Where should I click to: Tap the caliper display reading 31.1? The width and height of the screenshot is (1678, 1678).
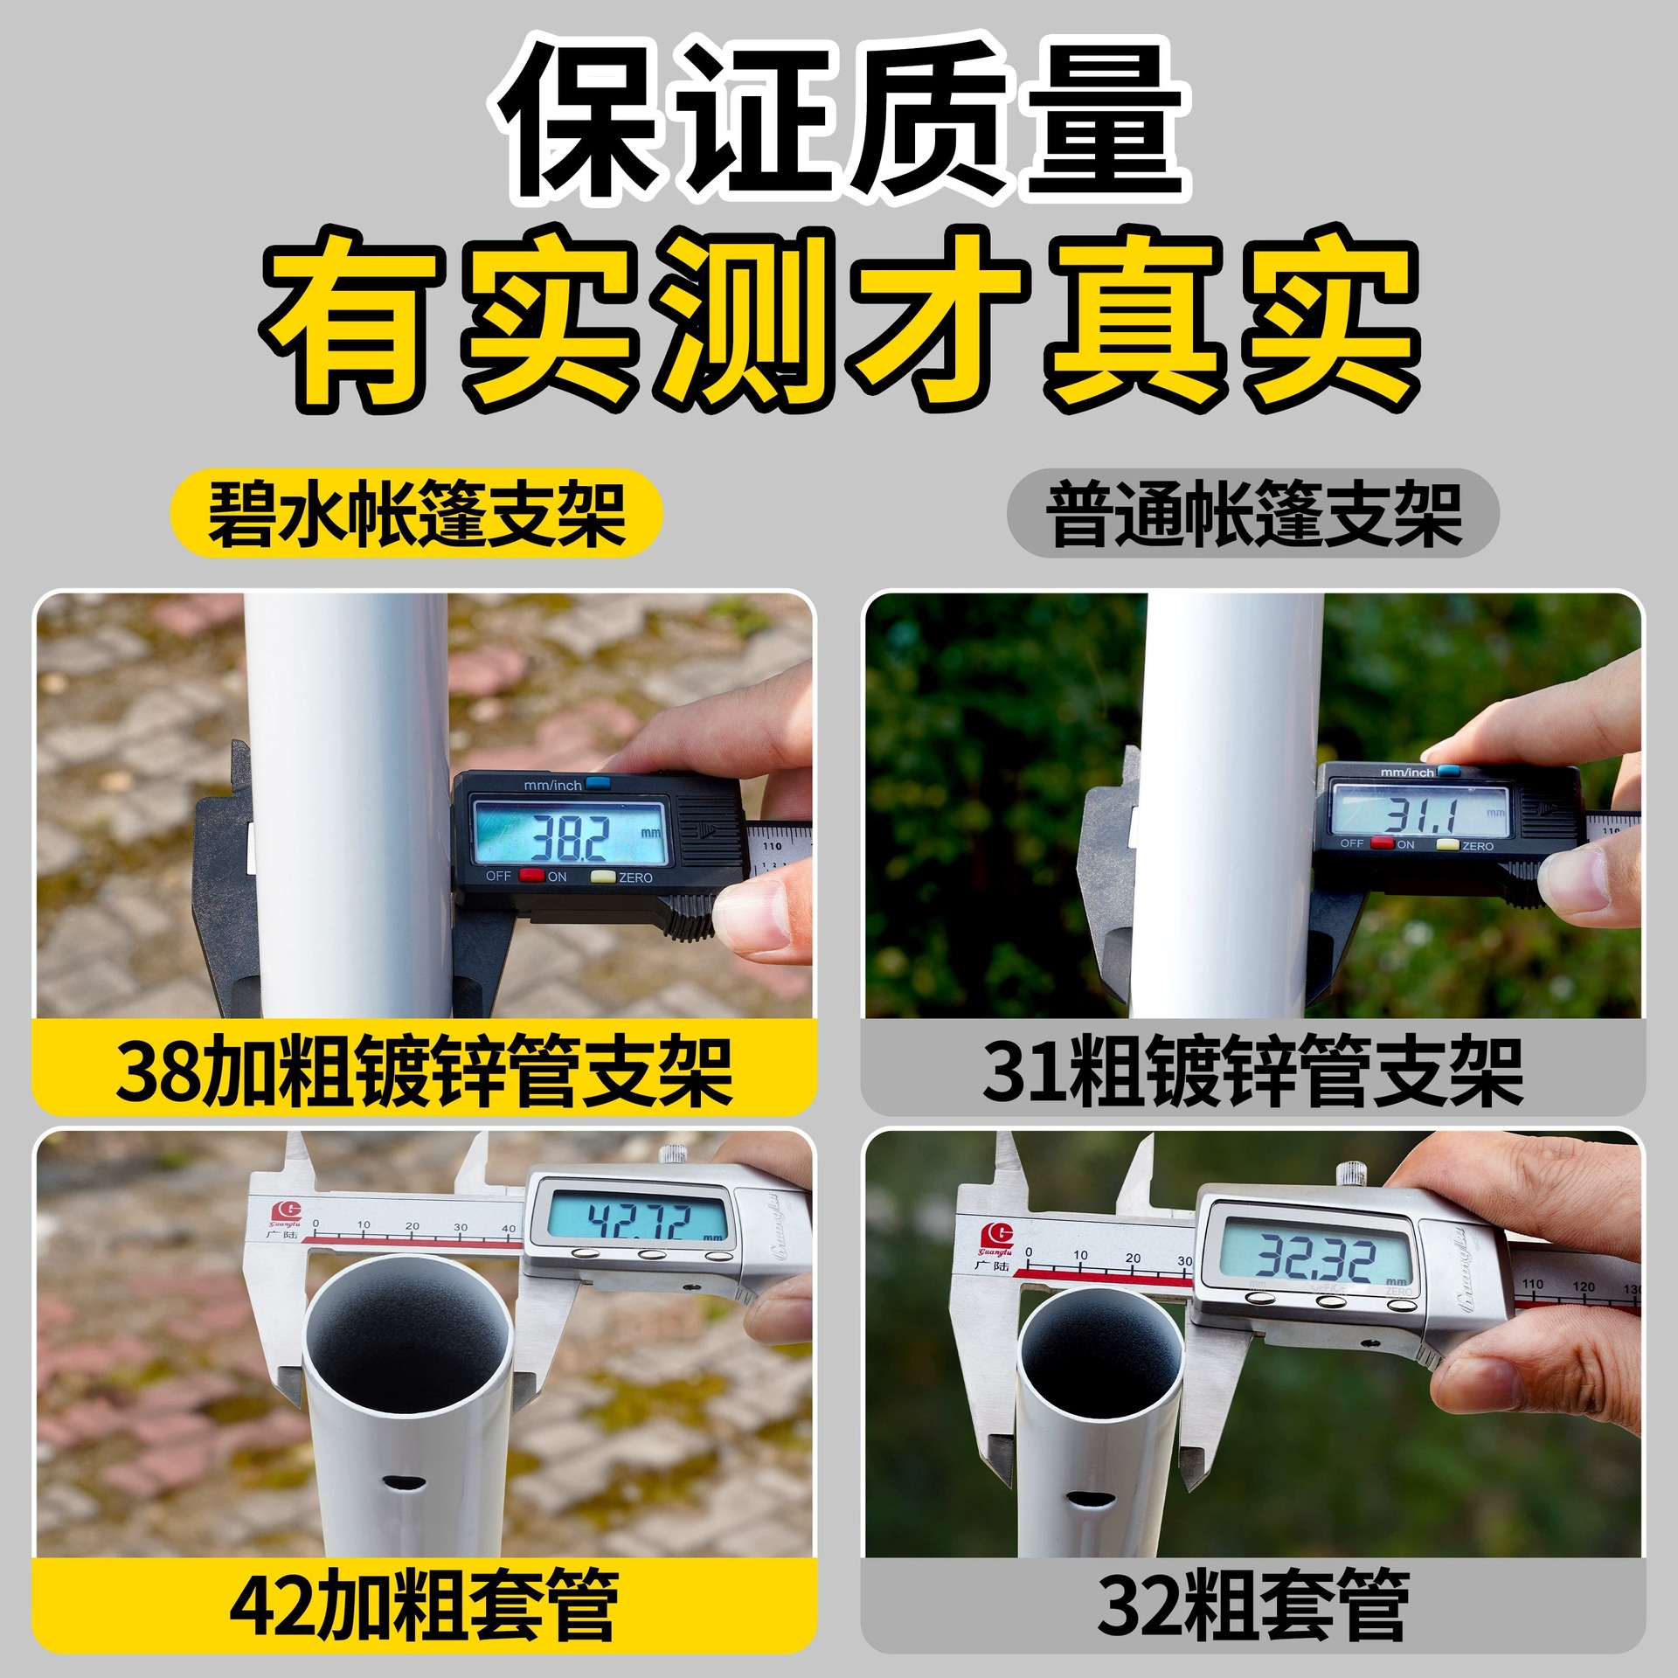tap(1421, 811)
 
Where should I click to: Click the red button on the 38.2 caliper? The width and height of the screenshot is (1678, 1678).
tap(531, 876)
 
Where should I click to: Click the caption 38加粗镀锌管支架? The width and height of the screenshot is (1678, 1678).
tap(425, 1071)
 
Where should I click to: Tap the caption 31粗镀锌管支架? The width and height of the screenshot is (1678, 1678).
tap(1253, 1071)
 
